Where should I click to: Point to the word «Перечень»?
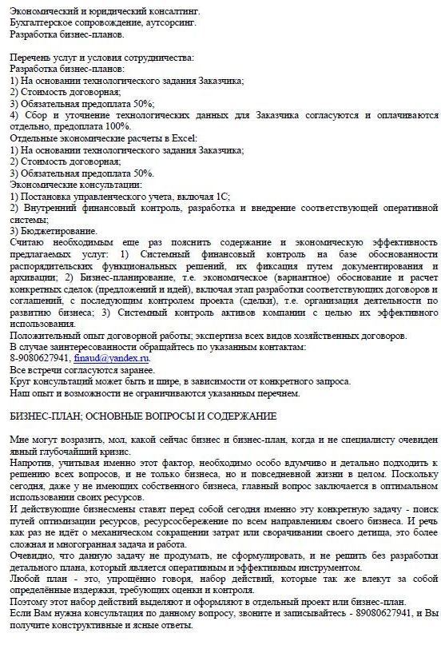point(30,58)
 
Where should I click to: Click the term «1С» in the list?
point(220,196)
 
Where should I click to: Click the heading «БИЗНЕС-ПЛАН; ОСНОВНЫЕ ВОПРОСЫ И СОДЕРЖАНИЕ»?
point(143,416)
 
